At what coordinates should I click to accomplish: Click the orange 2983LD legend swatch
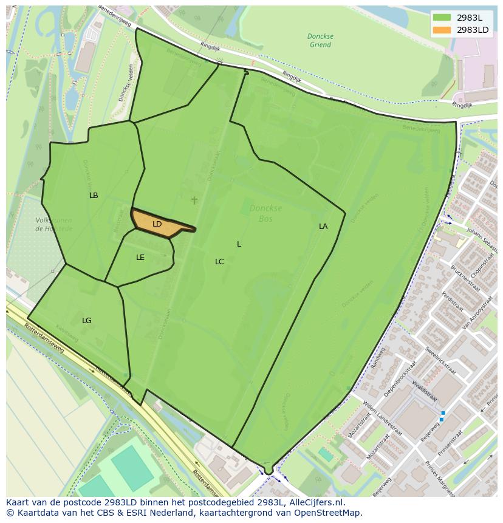[x=442, y=30]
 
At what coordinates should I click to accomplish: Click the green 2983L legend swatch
[x=442, y=18]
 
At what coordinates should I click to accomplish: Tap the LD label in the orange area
[x=157, y=224]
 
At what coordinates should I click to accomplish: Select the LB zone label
[x=94, y=196]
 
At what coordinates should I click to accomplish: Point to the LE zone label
[x=140, y=258]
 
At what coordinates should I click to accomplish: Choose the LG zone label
[x=87, y=321]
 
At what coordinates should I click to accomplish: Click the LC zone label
[x=219, y=262]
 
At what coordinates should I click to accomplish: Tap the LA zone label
[x=323, y=227]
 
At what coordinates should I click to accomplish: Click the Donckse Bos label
[x=265, y=213]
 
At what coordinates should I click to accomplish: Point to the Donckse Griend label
[x=320, y=41]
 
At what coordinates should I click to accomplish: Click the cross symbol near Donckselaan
[x=194, y=200]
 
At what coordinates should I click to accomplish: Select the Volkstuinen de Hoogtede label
[x=53, y=225]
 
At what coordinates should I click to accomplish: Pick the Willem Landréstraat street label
[x=383, y=417]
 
